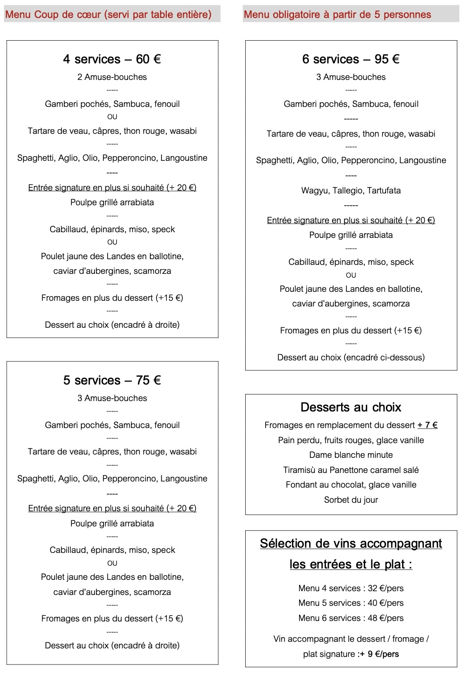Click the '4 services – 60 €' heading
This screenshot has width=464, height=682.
pyautogui.click(x=112, y=59)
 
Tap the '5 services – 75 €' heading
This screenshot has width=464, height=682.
pyautogui.click(x=112, y=380)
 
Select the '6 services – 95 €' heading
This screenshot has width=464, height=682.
pyautogui.click(x=351, y=59)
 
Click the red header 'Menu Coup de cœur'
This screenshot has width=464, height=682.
pyautogui.click(x=108, y=15)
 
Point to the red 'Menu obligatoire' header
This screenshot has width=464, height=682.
pyautogui.click(x=337, y=15)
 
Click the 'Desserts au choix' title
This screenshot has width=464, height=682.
pyautogui.click(x=351, y=407)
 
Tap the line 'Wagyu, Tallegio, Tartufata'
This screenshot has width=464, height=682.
pyautogui.click(x=351, y=191)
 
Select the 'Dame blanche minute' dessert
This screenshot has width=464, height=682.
pyautogui.click(x=351, y=455)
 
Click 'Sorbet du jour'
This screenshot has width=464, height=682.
pyautogui.click(x=351, y=500)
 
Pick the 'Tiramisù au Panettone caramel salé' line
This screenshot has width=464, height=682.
pyautogui.click(x=351, y=470)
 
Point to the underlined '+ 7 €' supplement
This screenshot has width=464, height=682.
pyautogui.click(x=427, y=425)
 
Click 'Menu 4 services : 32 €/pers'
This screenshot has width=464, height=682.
pyautogui.click(x=351, y=588)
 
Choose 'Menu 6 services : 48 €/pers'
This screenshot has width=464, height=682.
pyautogui.click(x=351, y=618)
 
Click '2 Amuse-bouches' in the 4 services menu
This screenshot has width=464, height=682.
pyautogui.click(x=112, y=77)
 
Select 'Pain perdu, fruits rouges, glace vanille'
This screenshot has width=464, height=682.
pyautogui.click(x=351, y=440)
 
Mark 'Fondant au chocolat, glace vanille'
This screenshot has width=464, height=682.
pyautogui.click(x=351, y=485)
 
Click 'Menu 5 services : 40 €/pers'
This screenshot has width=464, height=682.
pyautogui.click(x=351, y=603)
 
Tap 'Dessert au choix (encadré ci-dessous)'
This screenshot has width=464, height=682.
pyautogui.click(x=351, y=358)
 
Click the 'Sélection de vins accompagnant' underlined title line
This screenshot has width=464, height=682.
pyautogui.click(x=351, y=544)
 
